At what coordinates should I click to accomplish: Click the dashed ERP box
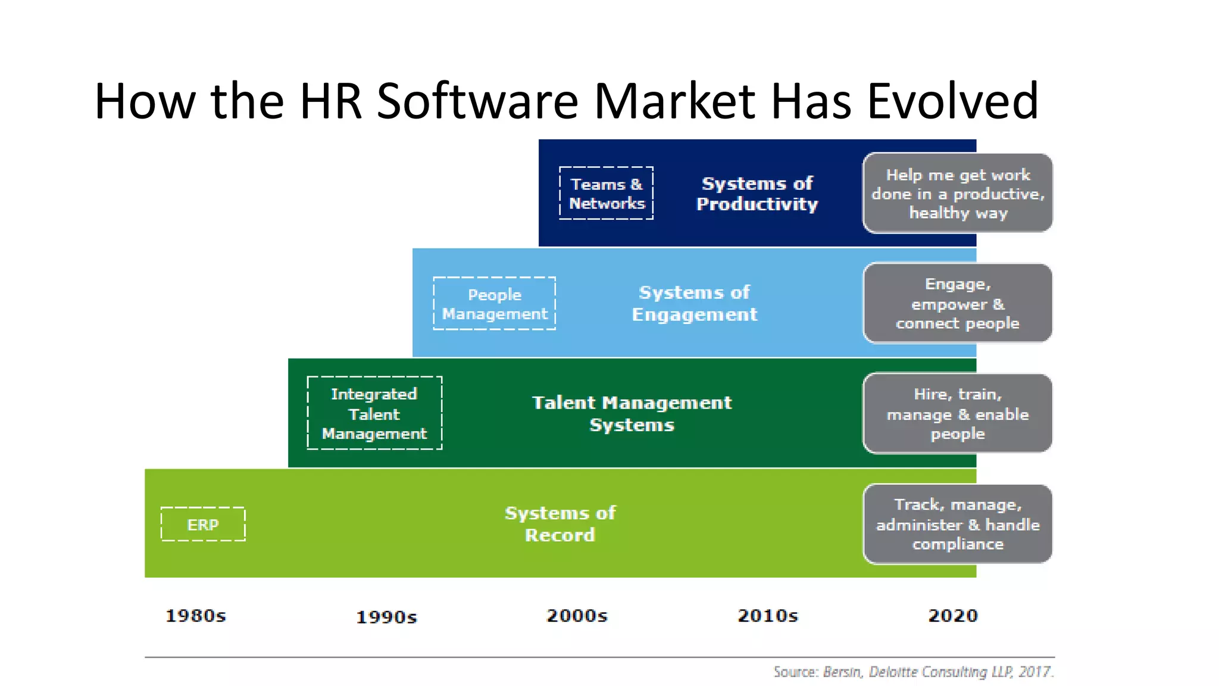pyautogui.click(x=203, y=524)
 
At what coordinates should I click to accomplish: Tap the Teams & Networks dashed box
pyautogui.click(x=606, y=194)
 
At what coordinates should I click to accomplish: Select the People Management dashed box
pyautogui.click(x=494, y=304)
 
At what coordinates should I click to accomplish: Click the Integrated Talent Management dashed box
pyautogui.click(x=374, y=413)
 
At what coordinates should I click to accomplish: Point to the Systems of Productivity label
pyautogui.click(x=757, y=194)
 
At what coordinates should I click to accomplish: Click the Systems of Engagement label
pyautogui.click(x=694, y=303)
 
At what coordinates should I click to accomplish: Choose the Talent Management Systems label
pyautogui.click(x=632, y=413)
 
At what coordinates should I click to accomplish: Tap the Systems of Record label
pyautogui.click(x=560, y=523)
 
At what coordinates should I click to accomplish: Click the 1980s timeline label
pyautogui.click(x=196, y=616)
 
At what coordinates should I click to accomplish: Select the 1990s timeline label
pyautogui.click(x=386, y=617)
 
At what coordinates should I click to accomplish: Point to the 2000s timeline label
pyautogui.click(x=577, y=616)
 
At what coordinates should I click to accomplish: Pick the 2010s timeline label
pyautogui.click(x=767, y=616)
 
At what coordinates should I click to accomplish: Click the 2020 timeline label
pyautogui.click(x=953, y=616)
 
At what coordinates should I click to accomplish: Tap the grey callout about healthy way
pyautogui.click(x=958, y=194)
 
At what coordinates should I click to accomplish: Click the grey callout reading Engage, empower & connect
pyautogui.click(x=958, y=303)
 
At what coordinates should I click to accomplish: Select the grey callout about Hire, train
pyautogui.click(x=958, y=413)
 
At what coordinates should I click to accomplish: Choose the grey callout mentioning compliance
pyautogui.click(x=958, y=524)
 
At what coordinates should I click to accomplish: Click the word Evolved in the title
pyautogui.click(x=952, y=101)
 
